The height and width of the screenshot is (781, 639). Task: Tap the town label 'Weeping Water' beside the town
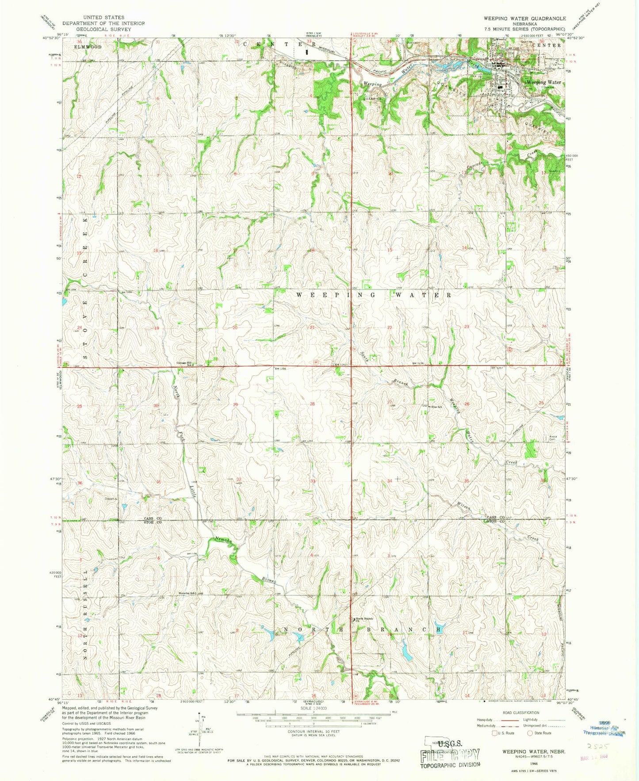(x=543, y=82)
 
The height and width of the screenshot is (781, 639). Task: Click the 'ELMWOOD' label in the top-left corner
(x=88, y=46)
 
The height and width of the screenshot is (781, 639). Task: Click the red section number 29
(x=236, y=404)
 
